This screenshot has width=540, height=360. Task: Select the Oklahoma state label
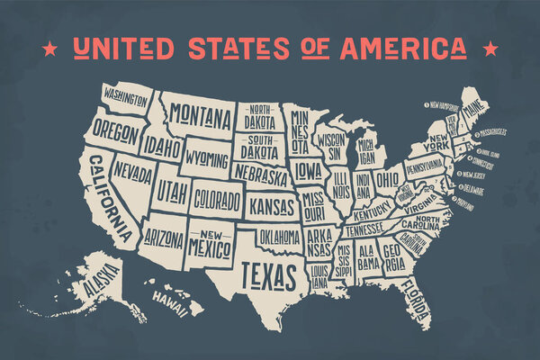(280, 237)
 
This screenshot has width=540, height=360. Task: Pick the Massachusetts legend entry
(491, 131)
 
